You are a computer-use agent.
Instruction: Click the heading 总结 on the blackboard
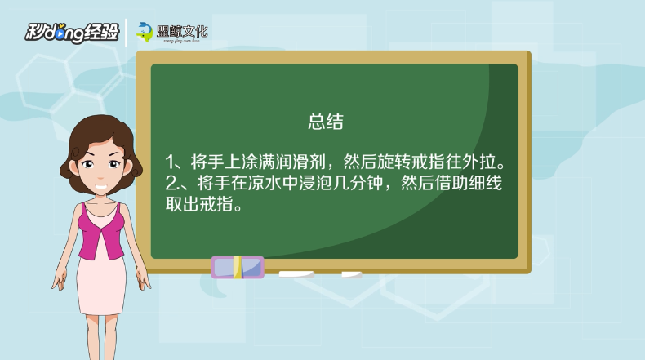(326, 122)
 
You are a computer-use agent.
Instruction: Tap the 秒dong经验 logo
(72, 33)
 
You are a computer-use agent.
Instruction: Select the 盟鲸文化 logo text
(182, 32)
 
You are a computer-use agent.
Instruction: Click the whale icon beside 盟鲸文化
(145, 32)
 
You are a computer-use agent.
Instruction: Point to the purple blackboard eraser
(238, 267)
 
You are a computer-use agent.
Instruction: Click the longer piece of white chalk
(296, 274)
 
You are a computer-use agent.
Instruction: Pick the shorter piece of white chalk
(352, 274)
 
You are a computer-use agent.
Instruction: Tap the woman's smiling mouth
(101, 186)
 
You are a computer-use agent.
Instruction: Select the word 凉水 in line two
(265, 183)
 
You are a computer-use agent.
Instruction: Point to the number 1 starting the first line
(169, 162)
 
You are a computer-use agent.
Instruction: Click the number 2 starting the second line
(171, 183)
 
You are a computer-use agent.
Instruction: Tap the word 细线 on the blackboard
(486, 183)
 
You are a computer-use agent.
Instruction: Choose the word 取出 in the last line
(182, 203)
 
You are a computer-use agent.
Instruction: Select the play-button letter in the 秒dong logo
(60, 33)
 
